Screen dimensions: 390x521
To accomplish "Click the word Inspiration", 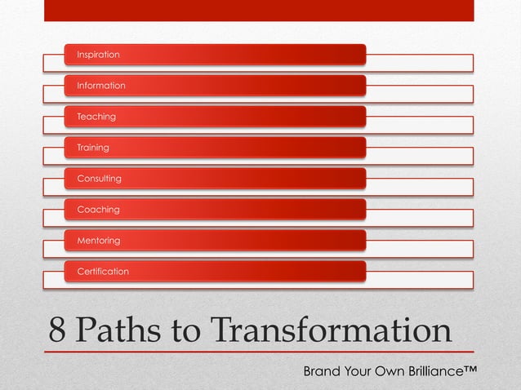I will [x=98, y=55].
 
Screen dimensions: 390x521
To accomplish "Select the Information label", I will [x=101, y=86].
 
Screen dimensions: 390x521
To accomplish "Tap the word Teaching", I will [x=96, y=117].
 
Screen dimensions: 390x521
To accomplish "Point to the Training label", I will [x=93, y=148].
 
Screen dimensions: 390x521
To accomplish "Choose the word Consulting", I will [x=99, y=179].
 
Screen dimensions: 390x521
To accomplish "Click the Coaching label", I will [x=98, y=210].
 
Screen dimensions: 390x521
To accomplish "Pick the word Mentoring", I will [x=98, y=241].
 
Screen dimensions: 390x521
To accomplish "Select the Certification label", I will [x=103, y=272].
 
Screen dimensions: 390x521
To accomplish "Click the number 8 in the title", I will [x=57, y=330].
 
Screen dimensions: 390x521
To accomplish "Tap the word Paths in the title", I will [x=118, y=330].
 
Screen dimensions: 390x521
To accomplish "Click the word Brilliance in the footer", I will [x=429, y=373].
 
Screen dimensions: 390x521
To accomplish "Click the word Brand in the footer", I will [x=322, y=373].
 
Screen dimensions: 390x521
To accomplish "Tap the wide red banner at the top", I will [x=258, y=10].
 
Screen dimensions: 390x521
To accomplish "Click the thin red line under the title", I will [x=258, y=352].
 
